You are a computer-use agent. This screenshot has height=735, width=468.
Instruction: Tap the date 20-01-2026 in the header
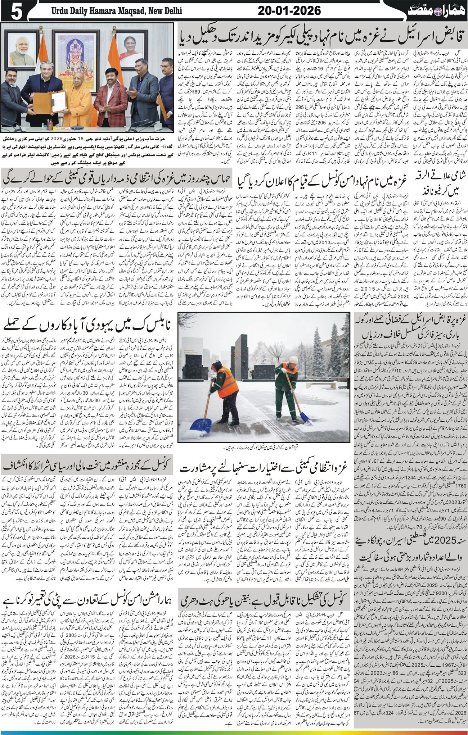tap(289, 11)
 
